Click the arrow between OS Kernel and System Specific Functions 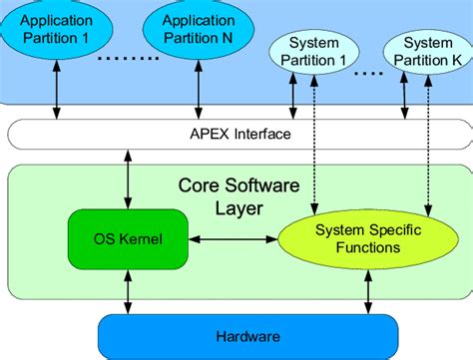232,239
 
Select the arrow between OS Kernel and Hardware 128,291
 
